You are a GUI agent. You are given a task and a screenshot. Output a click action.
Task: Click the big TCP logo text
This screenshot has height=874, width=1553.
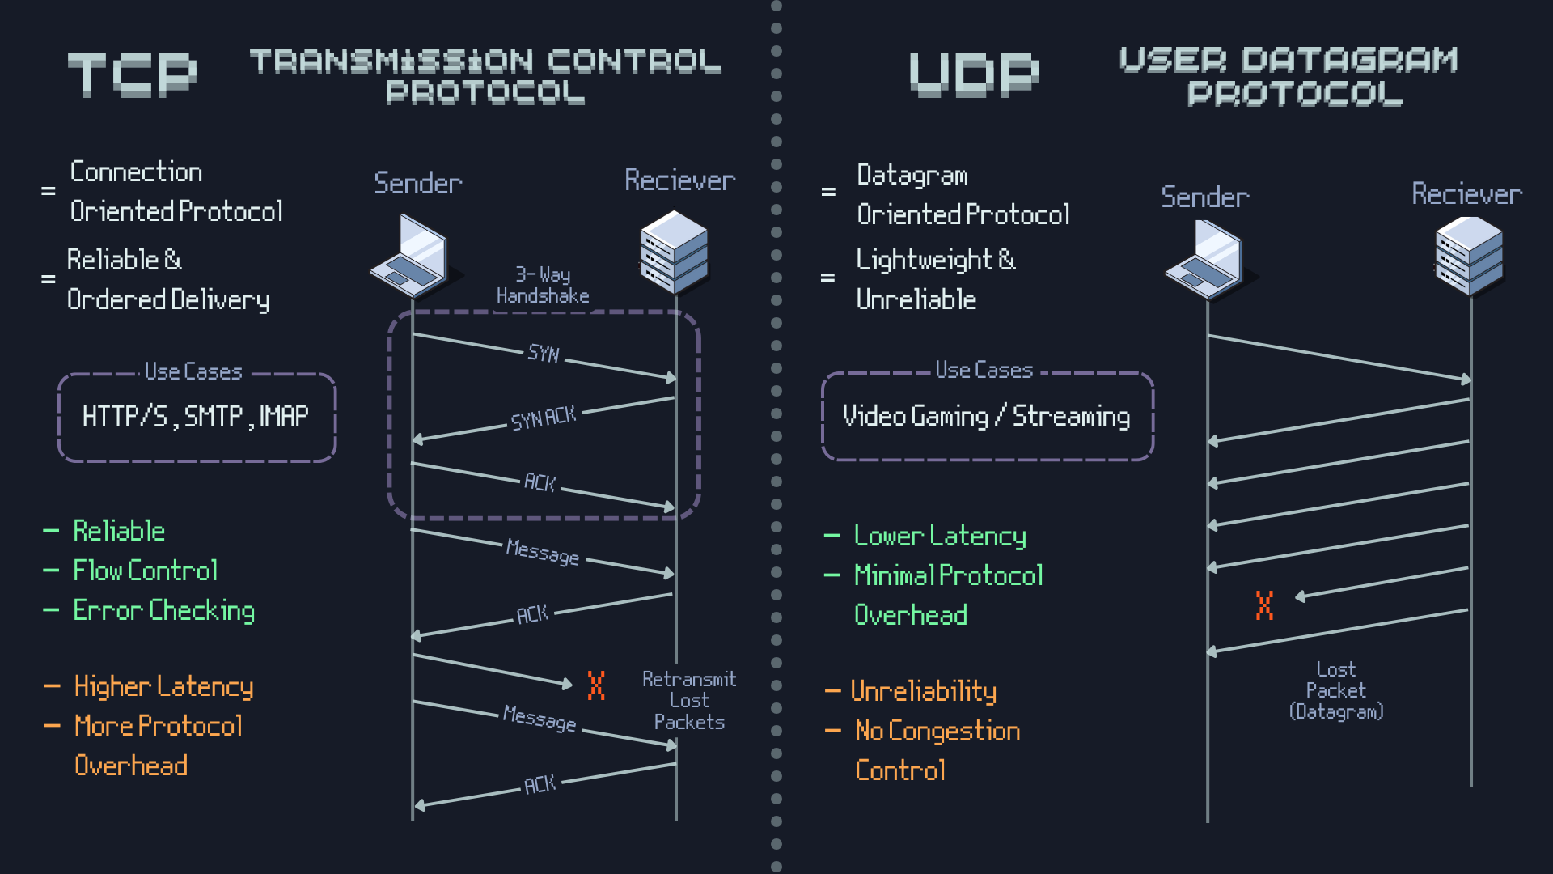pos(132,74)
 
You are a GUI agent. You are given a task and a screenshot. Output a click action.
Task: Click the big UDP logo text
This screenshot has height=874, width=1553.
pos(974,74)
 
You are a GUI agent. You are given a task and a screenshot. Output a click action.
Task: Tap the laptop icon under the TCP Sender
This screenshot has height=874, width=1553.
pos(409,256)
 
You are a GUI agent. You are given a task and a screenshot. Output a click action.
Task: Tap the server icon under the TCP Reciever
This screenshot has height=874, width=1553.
pos(674,251)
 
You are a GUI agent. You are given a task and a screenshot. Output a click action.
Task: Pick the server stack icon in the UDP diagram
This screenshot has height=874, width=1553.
pos(1469,256)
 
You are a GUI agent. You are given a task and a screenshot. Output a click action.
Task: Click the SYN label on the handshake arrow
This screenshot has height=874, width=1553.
pos(544,354)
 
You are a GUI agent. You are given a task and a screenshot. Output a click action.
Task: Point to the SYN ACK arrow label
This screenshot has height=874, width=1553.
pos(544,418)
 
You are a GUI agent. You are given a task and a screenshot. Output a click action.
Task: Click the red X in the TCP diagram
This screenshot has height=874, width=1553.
pos(596,685)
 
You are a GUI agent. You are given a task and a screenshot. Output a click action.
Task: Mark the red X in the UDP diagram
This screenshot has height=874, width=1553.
pos(1264,605)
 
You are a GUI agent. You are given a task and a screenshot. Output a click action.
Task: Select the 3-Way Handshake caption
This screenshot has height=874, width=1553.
pos(543,286)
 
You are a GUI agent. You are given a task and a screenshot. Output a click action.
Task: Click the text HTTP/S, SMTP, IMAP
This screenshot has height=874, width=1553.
pos(196,417)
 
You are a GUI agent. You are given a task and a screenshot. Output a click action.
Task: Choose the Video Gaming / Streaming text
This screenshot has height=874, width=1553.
pos(986,416)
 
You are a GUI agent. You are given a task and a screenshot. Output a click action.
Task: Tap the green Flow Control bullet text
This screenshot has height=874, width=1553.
pos(146,571)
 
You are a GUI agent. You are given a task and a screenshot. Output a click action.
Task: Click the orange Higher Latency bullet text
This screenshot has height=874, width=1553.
pos(164,687)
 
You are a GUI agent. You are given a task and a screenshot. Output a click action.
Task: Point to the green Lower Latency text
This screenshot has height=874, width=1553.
pos(940,536)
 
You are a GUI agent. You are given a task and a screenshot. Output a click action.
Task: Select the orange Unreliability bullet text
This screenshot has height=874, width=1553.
pos(924,691)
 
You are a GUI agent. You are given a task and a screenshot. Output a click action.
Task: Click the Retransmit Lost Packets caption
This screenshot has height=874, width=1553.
pos(689,701)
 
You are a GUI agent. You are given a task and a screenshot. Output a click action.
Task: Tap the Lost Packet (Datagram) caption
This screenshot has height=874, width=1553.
pos(1336,690)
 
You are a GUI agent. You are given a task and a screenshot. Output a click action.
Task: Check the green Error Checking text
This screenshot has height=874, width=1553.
pos(164,610)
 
